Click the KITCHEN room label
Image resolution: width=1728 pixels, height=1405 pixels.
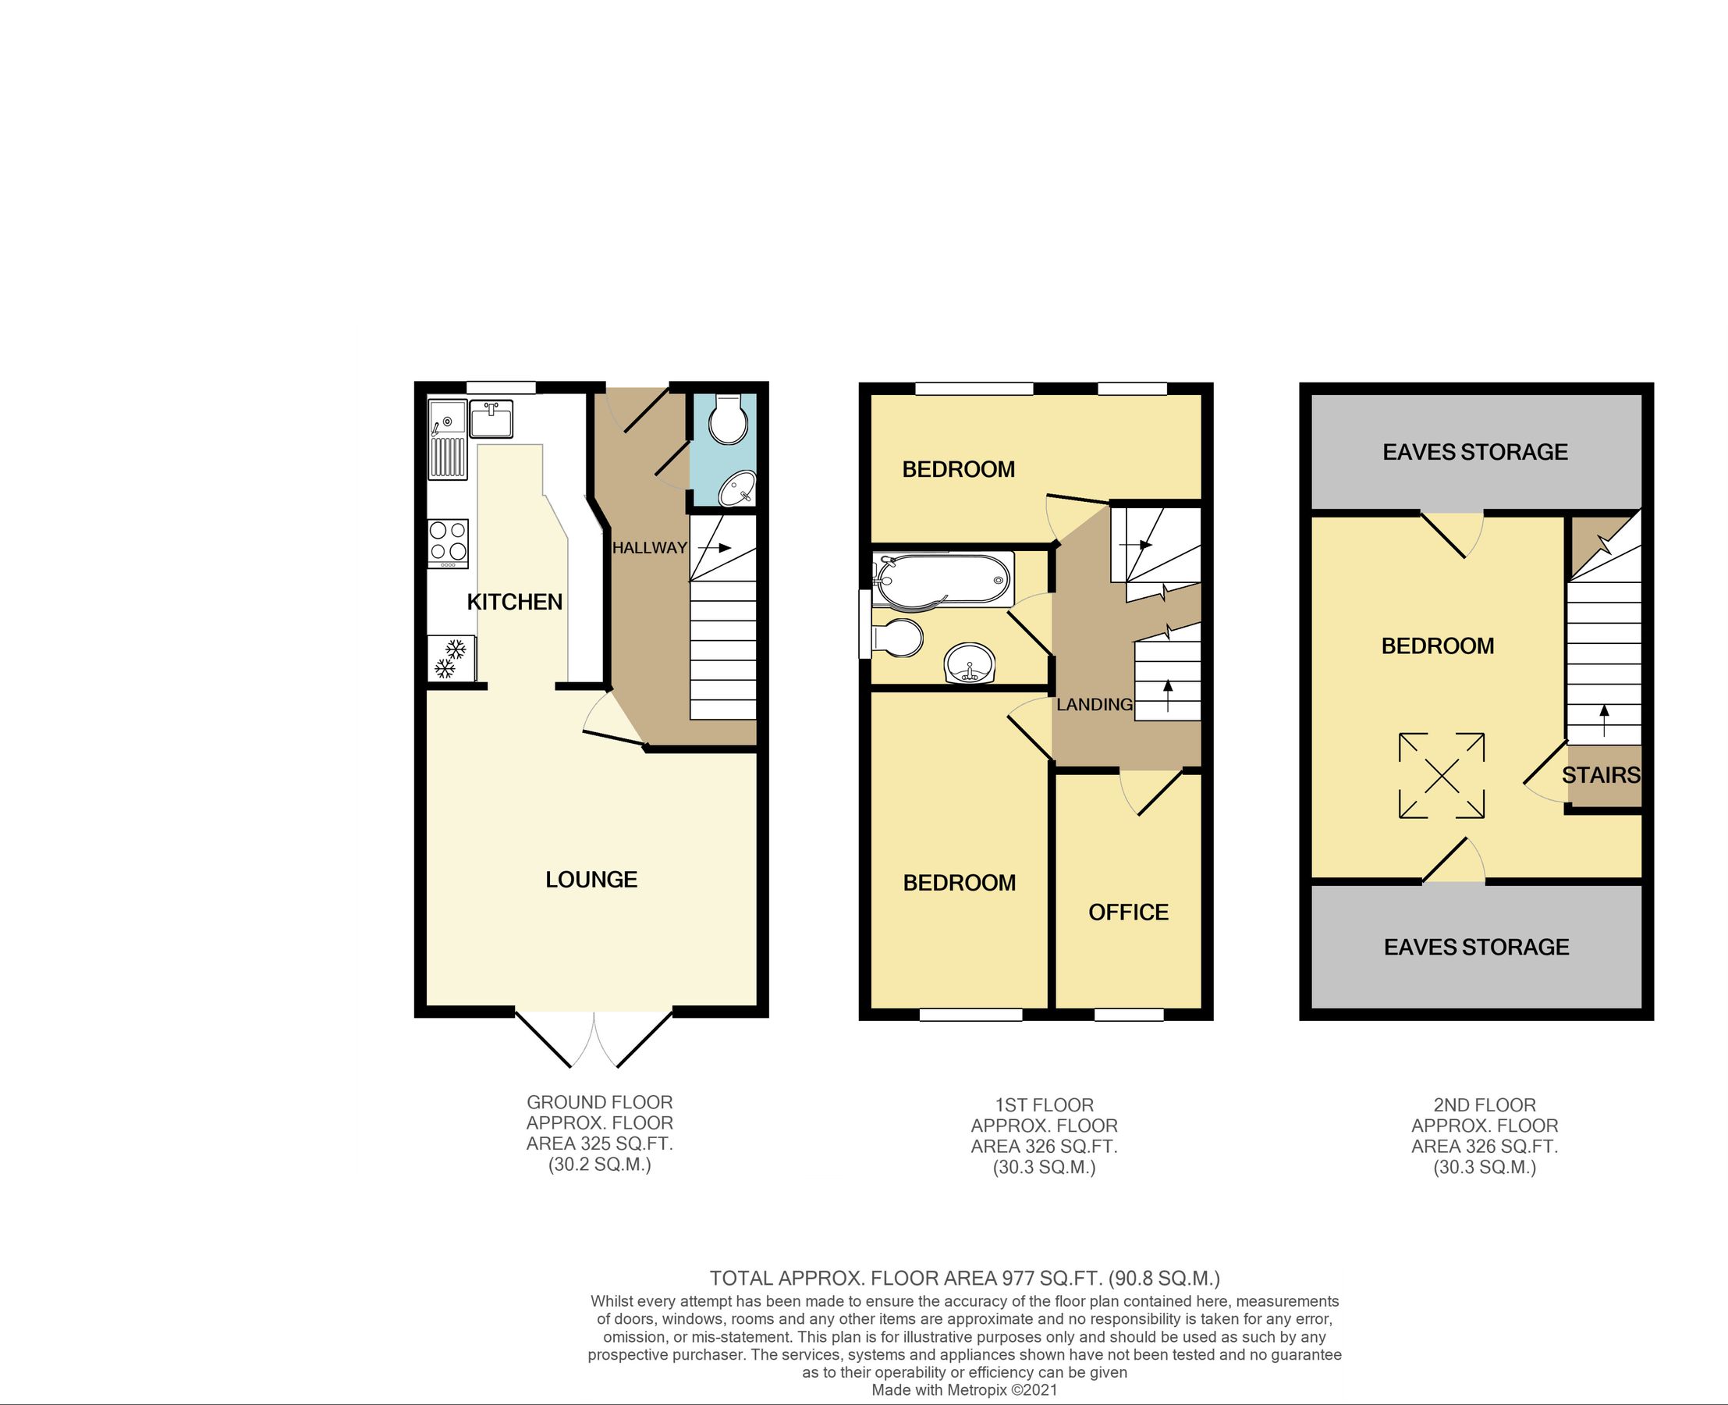pyautogui.click(x=515, y=602)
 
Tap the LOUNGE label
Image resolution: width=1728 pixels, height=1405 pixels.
pyautogui.click(x=591, y=880)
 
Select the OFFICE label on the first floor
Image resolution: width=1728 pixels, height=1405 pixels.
pyautogui.click(x=1128, y=913)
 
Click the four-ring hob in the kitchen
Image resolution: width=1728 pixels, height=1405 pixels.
pyautogui.click(x=447, y=542)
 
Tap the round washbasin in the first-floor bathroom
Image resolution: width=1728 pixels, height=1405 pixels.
pyautogui.click(x=969, y=663)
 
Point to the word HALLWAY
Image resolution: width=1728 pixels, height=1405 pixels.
pyautogui.click(x=649, y=548)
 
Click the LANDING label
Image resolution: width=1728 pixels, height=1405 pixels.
pyautogui.click(x=1094, y=705)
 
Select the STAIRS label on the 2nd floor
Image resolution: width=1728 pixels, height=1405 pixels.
pyautogui.click(x=1600, y=775)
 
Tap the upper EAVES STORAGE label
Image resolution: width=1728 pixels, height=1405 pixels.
pyautogui.click(x=1474, y=453)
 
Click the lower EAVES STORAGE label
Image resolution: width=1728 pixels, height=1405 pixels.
pyautogui.click(x=1476, y=947)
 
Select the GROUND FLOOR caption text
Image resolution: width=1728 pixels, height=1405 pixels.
pyautogui.click(x=599, y=1102)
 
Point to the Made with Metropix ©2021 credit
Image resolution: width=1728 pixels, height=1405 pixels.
pyautogui.click(x=964, y=1390)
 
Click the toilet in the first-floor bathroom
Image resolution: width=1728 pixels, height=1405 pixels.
pyautogui.click(x=897, y=638)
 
